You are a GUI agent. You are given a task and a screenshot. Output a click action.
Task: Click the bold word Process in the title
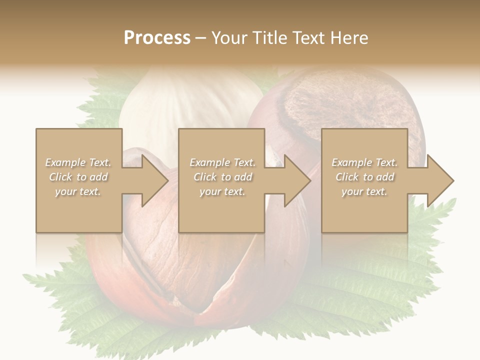pyautogui.click(x=157, y=38)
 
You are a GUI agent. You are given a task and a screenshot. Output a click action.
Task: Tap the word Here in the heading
pyautogui.click(x=350, y=38)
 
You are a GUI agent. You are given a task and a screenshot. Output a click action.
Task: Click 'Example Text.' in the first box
pyautogui.click(x=78, y=162)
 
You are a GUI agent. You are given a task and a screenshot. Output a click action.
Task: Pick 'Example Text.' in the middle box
pyautogui.click(x=222, y=162)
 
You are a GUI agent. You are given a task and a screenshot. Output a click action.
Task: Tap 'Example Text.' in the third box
pyautogui.click(x=364, y=162)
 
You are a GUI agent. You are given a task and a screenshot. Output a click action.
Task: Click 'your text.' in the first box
pyautogui.click(x=78, y=191)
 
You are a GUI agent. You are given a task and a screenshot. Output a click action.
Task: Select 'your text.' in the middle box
pyautogui.click(x=222, y=191)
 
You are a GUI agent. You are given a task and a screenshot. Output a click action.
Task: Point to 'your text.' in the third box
pyautogui.click(x=364, y=191)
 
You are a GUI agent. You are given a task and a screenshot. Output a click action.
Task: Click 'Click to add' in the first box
pyautogui.click(x=78, y=177)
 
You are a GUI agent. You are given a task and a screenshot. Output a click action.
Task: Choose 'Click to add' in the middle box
pyautogui.click(x=222, y=177)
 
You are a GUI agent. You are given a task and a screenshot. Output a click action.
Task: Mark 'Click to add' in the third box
pyautogui.click(x=364, y=177)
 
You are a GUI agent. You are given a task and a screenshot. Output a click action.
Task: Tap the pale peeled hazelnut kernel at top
pyautogui.click(x=190, y=100)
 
